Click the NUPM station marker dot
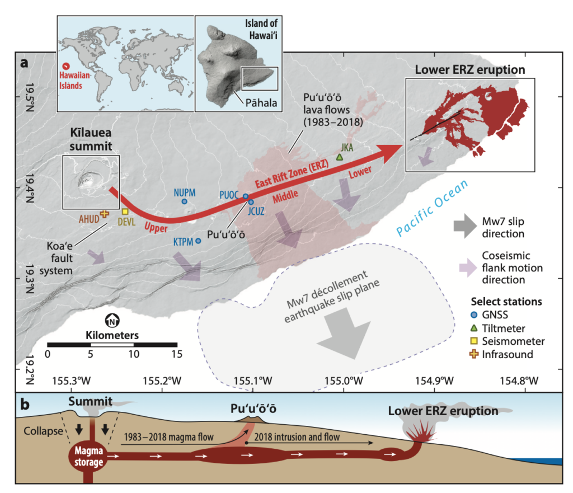[184, 201]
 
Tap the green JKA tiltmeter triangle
[339, 158]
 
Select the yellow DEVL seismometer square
[125, 212]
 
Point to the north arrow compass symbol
[112, 321]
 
